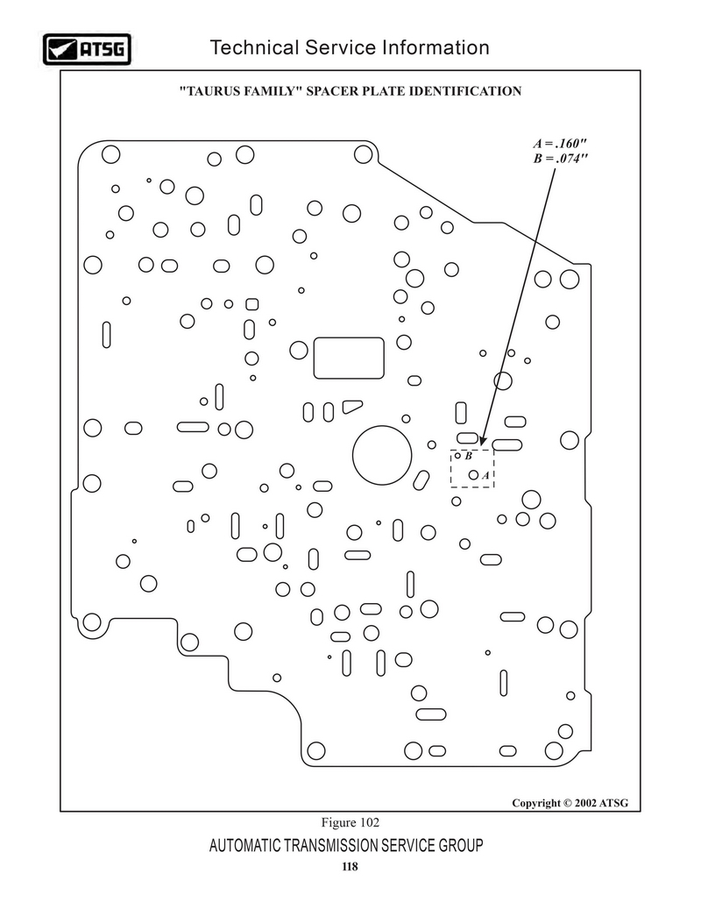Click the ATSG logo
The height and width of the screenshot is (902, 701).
click(87, 49)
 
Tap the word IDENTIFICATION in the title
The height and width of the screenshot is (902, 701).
click(465, 91)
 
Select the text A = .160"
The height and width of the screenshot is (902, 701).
click(560, 143)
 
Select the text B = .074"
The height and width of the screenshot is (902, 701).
click(560, 158)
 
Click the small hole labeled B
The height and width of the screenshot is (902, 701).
click(457, 456)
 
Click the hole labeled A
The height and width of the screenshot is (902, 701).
click(473, 475)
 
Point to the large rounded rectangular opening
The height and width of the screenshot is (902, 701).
click(349, 358)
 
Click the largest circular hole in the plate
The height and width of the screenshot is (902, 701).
click(382, 456)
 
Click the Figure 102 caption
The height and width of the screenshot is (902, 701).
click(350, 822)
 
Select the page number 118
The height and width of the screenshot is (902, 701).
click(350, 866)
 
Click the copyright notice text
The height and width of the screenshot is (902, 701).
click(570, 803)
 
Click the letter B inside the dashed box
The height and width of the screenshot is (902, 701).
click(469, 456)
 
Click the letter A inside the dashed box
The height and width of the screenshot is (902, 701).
click(485, 476)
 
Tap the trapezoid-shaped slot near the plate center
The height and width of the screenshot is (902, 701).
click(352, 406)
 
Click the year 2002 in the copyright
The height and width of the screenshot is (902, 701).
click(585, 803)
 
